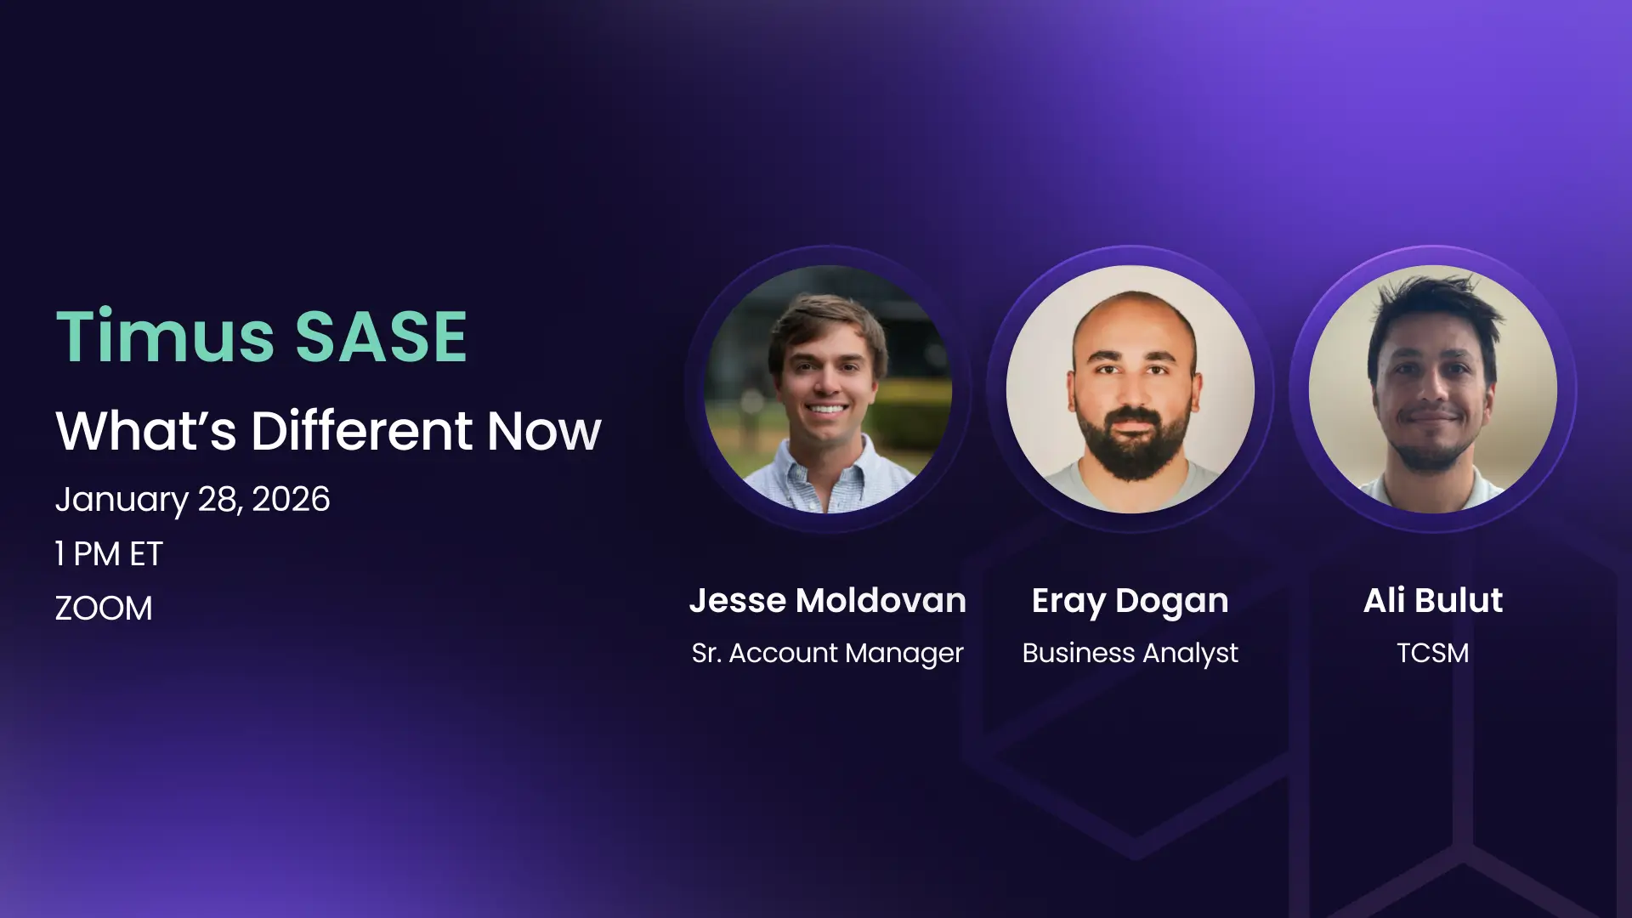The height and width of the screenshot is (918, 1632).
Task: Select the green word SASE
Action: click(381, 337)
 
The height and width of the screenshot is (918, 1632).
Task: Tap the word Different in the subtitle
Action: click(361, 430)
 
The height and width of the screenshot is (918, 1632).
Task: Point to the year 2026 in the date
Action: click(291, 499)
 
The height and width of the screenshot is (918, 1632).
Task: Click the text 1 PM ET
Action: click(109, 554)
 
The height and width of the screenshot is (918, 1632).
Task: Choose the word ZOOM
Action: click(104, 609)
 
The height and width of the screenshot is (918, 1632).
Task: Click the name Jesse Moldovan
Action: click(827, 600)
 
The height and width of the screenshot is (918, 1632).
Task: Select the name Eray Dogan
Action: click(1130, 602)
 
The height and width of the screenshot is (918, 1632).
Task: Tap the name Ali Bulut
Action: click(1433, 600)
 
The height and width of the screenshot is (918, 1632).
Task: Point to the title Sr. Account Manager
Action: click(827, 653)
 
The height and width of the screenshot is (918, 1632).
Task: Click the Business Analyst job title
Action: click(1130, 653)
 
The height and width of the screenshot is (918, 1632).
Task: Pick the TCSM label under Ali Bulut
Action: click(1433, 653)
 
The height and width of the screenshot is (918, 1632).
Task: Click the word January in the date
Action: click(122, 500)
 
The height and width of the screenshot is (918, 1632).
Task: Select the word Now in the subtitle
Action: click(544, 431)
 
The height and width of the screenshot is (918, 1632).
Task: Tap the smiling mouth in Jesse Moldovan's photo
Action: click(827, 409)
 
